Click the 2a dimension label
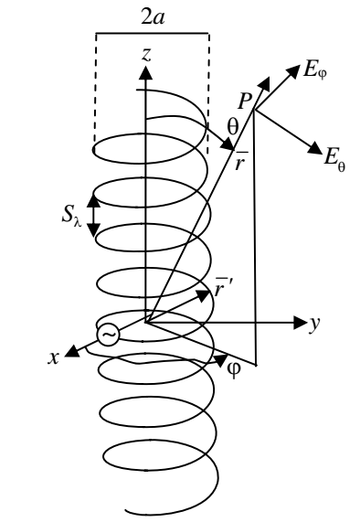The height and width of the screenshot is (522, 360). click(154, 17)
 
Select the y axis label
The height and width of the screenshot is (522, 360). click(314, 324)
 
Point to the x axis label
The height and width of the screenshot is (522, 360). click(54, 357)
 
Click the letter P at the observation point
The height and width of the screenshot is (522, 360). click(245, 101)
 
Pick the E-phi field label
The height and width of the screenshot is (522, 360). click(314, 71)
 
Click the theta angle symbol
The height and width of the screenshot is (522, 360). click(233, 127)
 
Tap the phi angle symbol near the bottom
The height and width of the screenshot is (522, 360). click(234, 369)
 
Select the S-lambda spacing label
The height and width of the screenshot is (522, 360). click(72, 217)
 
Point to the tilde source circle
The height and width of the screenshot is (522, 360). click(109, 335)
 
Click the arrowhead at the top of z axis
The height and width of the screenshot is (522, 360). click(145, 73)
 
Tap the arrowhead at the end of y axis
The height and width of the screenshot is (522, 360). click(300, 323)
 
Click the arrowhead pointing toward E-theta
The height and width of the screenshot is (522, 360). click(314, 147)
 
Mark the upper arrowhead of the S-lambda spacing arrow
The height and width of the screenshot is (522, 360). click(93, 201)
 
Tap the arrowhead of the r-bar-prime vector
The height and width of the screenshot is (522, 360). click(203, 295)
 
